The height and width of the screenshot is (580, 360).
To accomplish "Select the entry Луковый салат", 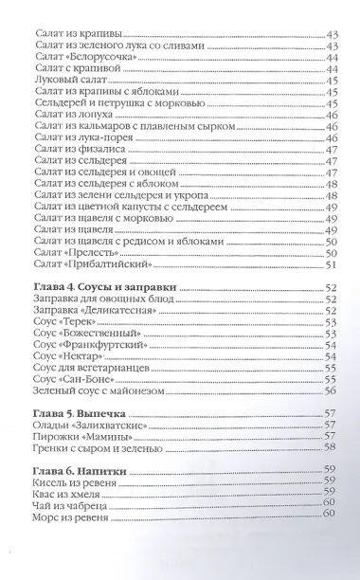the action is [x=70, y=80].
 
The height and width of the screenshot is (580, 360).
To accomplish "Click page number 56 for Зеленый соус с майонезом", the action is [x=331, y=390].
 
